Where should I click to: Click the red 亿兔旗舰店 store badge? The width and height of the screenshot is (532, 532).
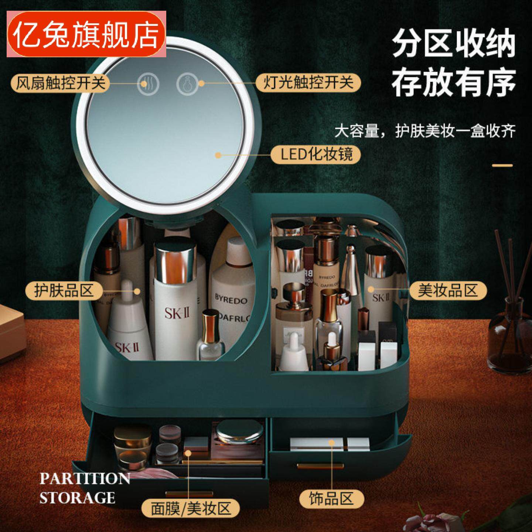[86, 34]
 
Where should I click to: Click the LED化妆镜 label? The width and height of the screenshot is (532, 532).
[316, 154]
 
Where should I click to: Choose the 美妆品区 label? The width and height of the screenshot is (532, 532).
[448, 290]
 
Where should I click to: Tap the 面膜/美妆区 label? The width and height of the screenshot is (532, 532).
[191, 508]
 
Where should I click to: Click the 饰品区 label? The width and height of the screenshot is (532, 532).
[331, 499]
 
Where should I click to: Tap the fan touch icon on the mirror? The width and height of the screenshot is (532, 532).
[148, 84]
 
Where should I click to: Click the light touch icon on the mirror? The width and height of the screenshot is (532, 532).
[187, 84]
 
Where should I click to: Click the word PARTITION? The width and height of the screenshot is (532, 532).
[85, 479]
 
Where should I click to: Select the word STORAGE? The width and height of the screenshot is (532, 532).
[77, 498]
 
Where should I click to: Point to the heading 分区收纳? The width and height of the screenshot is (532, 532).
[454, 44]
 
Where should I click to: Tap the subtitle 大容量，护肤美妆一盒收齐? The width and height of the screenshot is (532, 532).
[425, 131]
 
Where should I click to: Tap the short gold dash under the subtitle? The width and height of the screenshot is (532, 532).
[502, 165]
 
